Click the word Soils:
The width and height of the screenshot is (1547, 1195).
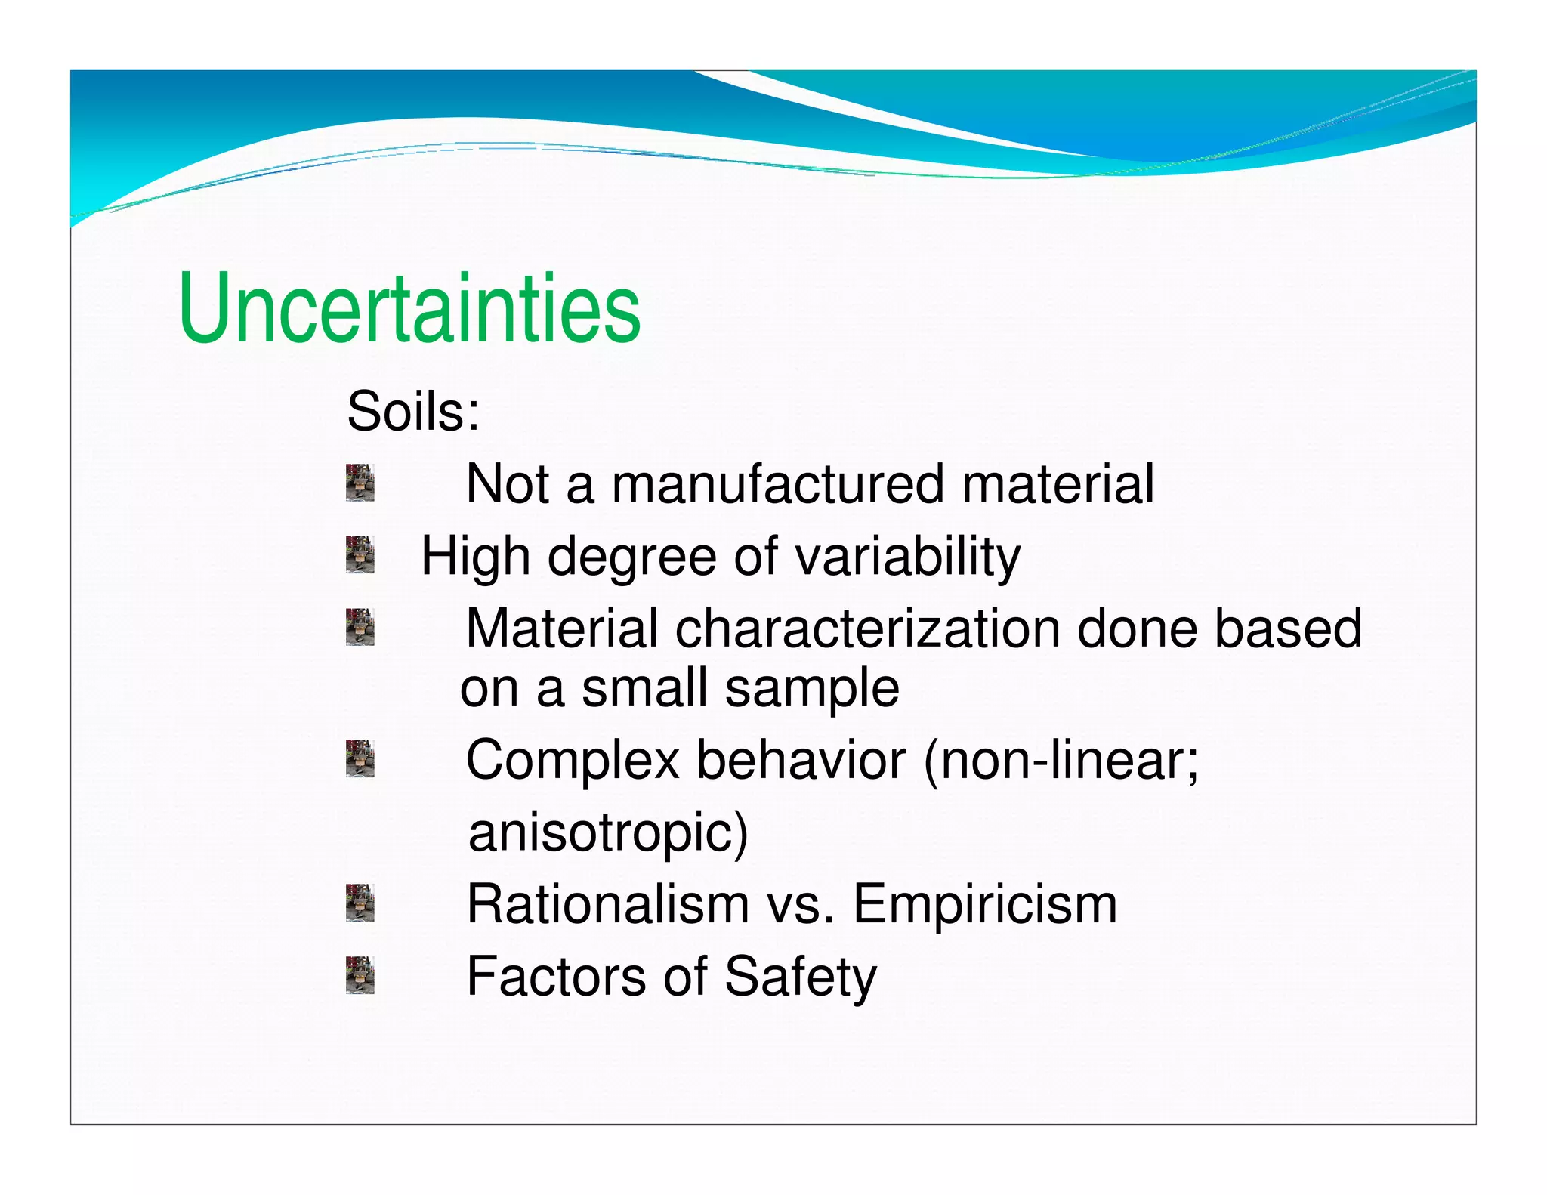pos(412,412)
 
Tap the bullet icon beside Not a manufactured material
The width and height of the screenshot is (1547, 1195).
pos(360,483)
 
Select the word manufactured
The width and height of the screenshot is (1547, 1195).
pos(777,484)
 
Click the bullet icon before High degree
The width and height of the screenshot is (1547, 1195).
pos(360,554)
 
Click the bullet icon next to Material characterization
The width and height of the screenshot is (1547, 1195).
pos(360,627)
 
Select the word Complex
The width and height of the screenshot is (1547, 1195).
pos(573,761)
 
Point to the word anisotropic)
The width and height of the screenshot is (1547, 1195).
pos(608,832)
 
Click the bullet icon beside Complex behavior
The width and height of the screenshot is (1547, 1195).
pos(360,758)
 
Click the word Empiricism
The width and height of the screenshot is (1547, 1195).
pos(984,904)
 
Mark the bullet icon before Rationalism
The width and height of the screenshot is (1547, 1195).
pos(360,903)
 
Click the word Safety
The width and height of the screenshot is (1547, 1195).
pos(800,977)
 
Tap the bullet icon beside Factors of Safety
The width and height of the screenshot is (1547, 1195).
pos(360,974)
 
